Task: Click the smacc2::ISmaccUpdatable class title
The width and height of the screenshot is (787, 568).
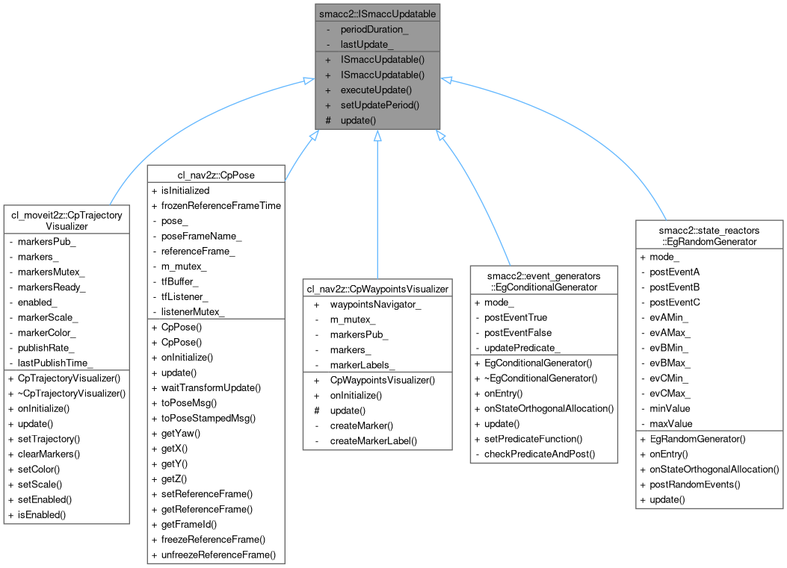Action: coord(377,13)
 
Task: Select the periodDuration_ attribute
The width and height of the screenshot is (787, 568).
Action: coord(372,30)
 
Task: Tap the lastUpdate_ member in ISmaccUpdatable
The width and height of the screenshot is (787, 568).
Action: coord(367,44)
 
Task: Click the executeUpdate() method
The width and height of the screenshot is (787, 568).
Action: coord(375,90)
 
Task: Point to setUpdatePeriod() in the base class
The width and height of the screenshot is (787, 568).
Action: coord(380,104)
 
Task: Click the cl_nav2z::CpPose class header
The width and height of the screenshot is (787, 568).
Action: coord(217,174)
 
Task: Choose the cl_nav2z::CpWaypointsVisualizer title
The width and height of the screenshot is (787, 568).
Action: coord(377,288)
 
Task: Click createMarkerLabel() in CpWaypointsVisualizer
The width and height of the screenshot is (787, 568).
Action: coord(373,440)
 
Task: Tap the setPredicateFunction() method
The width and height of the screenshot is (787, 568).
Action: coord(533,439)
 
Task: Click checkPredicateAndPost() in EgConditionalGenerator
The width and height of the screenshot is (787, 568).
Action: coord(537,454)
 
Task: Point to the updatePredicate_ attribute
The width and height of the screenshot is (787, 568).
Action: coord(521,349)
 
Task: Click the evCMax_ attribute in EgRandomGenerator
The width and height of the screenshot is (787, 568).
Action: coord(670,393)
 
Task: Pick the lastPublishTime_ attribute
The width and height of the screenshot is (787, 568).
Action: coord(55,363)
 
